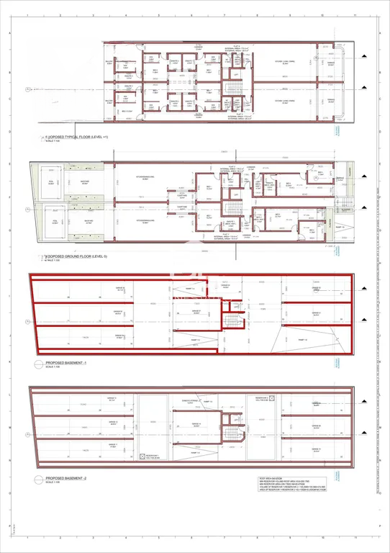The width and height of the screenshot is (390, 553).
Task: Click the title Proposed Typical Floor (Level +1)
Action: point(75,136)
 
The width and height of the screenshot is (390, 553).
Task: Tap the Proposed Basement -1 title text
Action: point(65,364)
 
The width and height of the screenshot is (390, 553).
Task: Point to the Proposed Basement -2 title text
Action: point(65,477)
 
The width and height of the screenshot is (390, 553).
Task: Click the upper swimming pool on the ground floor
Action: point(51,184)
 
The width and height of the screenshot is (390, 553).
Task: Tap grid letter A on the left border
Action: point(8,34)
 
